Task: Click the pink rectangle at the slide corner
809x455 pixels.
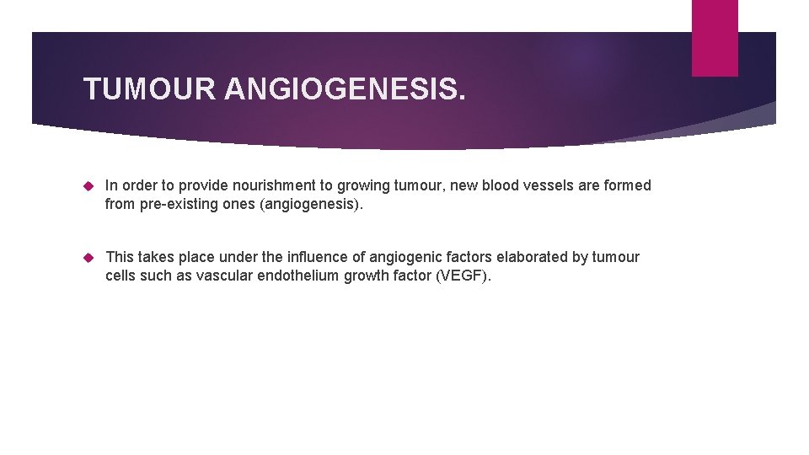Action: pos(715,38)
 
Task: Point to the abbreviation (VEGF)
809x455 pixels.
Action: pos(463,275)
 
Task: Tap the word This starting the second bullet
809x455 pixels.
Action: pos(120,257)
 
